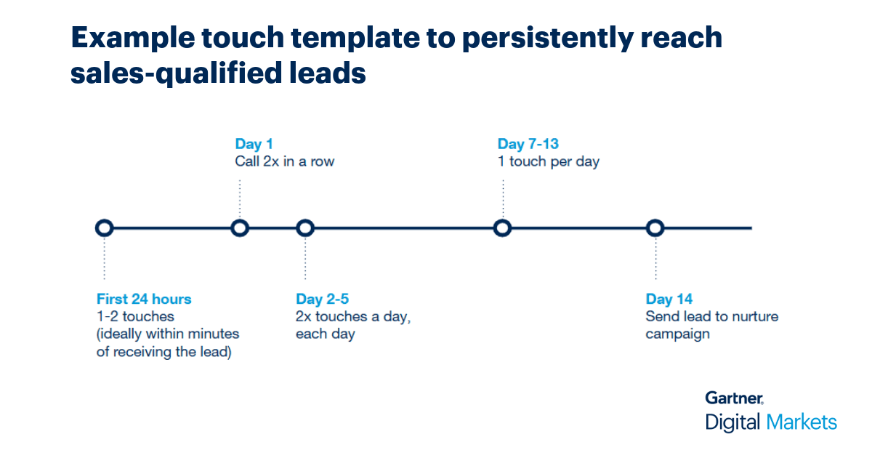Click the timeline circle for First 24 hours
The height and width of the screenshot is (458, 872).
point(104,228)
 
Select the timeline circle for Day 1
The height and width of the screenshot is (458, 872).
point(240,228)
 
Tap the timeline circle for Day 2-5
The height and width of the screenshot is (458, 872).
point(305,228)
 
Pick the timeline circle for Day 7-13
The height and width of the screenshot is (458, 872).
point(502,228)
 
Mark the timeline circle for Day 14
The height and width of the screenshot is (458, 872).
point(655,228)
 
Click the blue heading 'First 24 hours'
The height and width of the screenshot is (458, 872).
point(144,299)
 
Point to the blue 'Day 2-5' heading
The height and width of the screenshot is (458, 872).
point(323,299)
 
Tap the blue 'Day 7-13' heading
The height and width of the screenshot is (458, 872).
point(528,144)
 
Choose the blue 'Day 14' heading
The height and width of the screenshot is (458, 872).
point(669,299)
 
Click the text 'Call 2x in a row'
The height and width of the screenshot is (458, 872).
point(284,161)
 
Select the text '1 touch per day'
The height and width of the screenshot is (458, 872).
point(548,161)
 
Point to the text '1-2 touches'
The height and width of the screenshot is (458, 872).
point(135,316)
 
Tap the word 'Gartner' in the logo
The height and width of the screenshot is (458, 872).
point(734,398)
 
